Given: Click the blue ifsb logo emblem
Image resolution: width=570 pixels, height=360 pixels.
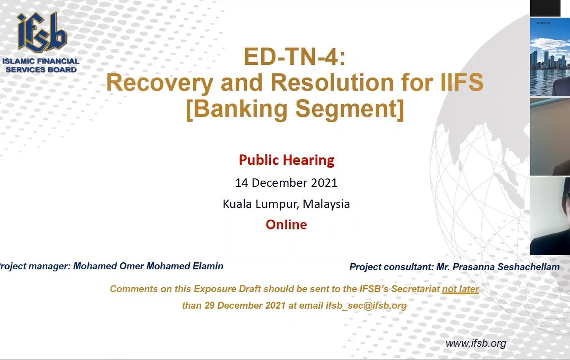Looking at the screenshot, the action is coord(42,32).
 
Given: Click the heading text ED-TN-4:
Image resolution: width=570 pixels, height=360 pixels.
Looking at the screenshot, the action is coord(294,57).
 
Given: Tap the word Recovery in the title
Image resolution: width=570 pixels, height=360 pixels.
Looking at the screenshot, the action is coord(160,83).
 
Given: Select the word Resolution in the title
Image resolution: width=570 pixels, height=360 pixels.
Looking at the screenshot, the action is coord(332,82).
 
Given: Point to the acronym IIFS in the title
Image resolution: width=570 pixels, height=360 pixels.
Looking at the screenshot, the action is coord(462,82).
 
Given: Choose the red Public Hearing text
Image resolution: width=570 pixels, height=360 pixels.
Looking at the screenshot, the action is coord(286,160).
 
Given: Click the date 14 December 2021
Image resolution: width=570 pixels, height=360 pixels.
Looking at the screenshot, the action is coord(286,183).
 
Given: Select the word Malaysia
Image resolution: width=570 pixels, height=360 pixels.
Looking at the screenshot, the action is coord(326,204).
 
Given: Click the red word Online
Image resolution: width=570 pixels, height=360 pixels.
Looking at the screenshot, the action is coord(286,225).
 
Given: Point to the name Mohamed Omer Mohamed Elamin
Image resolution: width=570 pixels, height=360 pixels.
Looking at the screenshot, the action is coord(148,266).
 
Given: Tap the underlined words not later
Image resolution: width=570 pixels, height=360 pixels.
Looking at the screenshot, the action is coord(460,289).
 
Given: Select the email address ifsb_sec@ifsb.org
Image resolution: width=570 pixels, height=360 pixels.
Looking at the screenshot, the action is coord(366,306).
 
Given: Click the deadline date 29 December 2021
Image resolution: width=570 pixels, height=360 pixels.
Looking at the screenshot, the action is coord(245,306).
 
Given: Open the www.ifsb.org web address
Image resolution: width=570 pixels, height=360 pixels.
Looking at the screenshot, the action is coord(476,344).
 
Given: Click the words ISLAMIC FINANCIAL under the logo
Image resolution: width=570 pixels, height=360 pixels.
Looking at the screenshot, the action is coord(41,61).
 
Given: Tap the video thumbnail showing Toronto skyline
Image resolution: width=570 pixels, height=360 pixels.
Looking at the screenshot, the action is coord(550,57).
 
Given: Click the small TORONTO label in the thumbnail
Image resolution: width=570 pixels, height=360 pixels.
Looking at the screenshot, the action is coord(543,23).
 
